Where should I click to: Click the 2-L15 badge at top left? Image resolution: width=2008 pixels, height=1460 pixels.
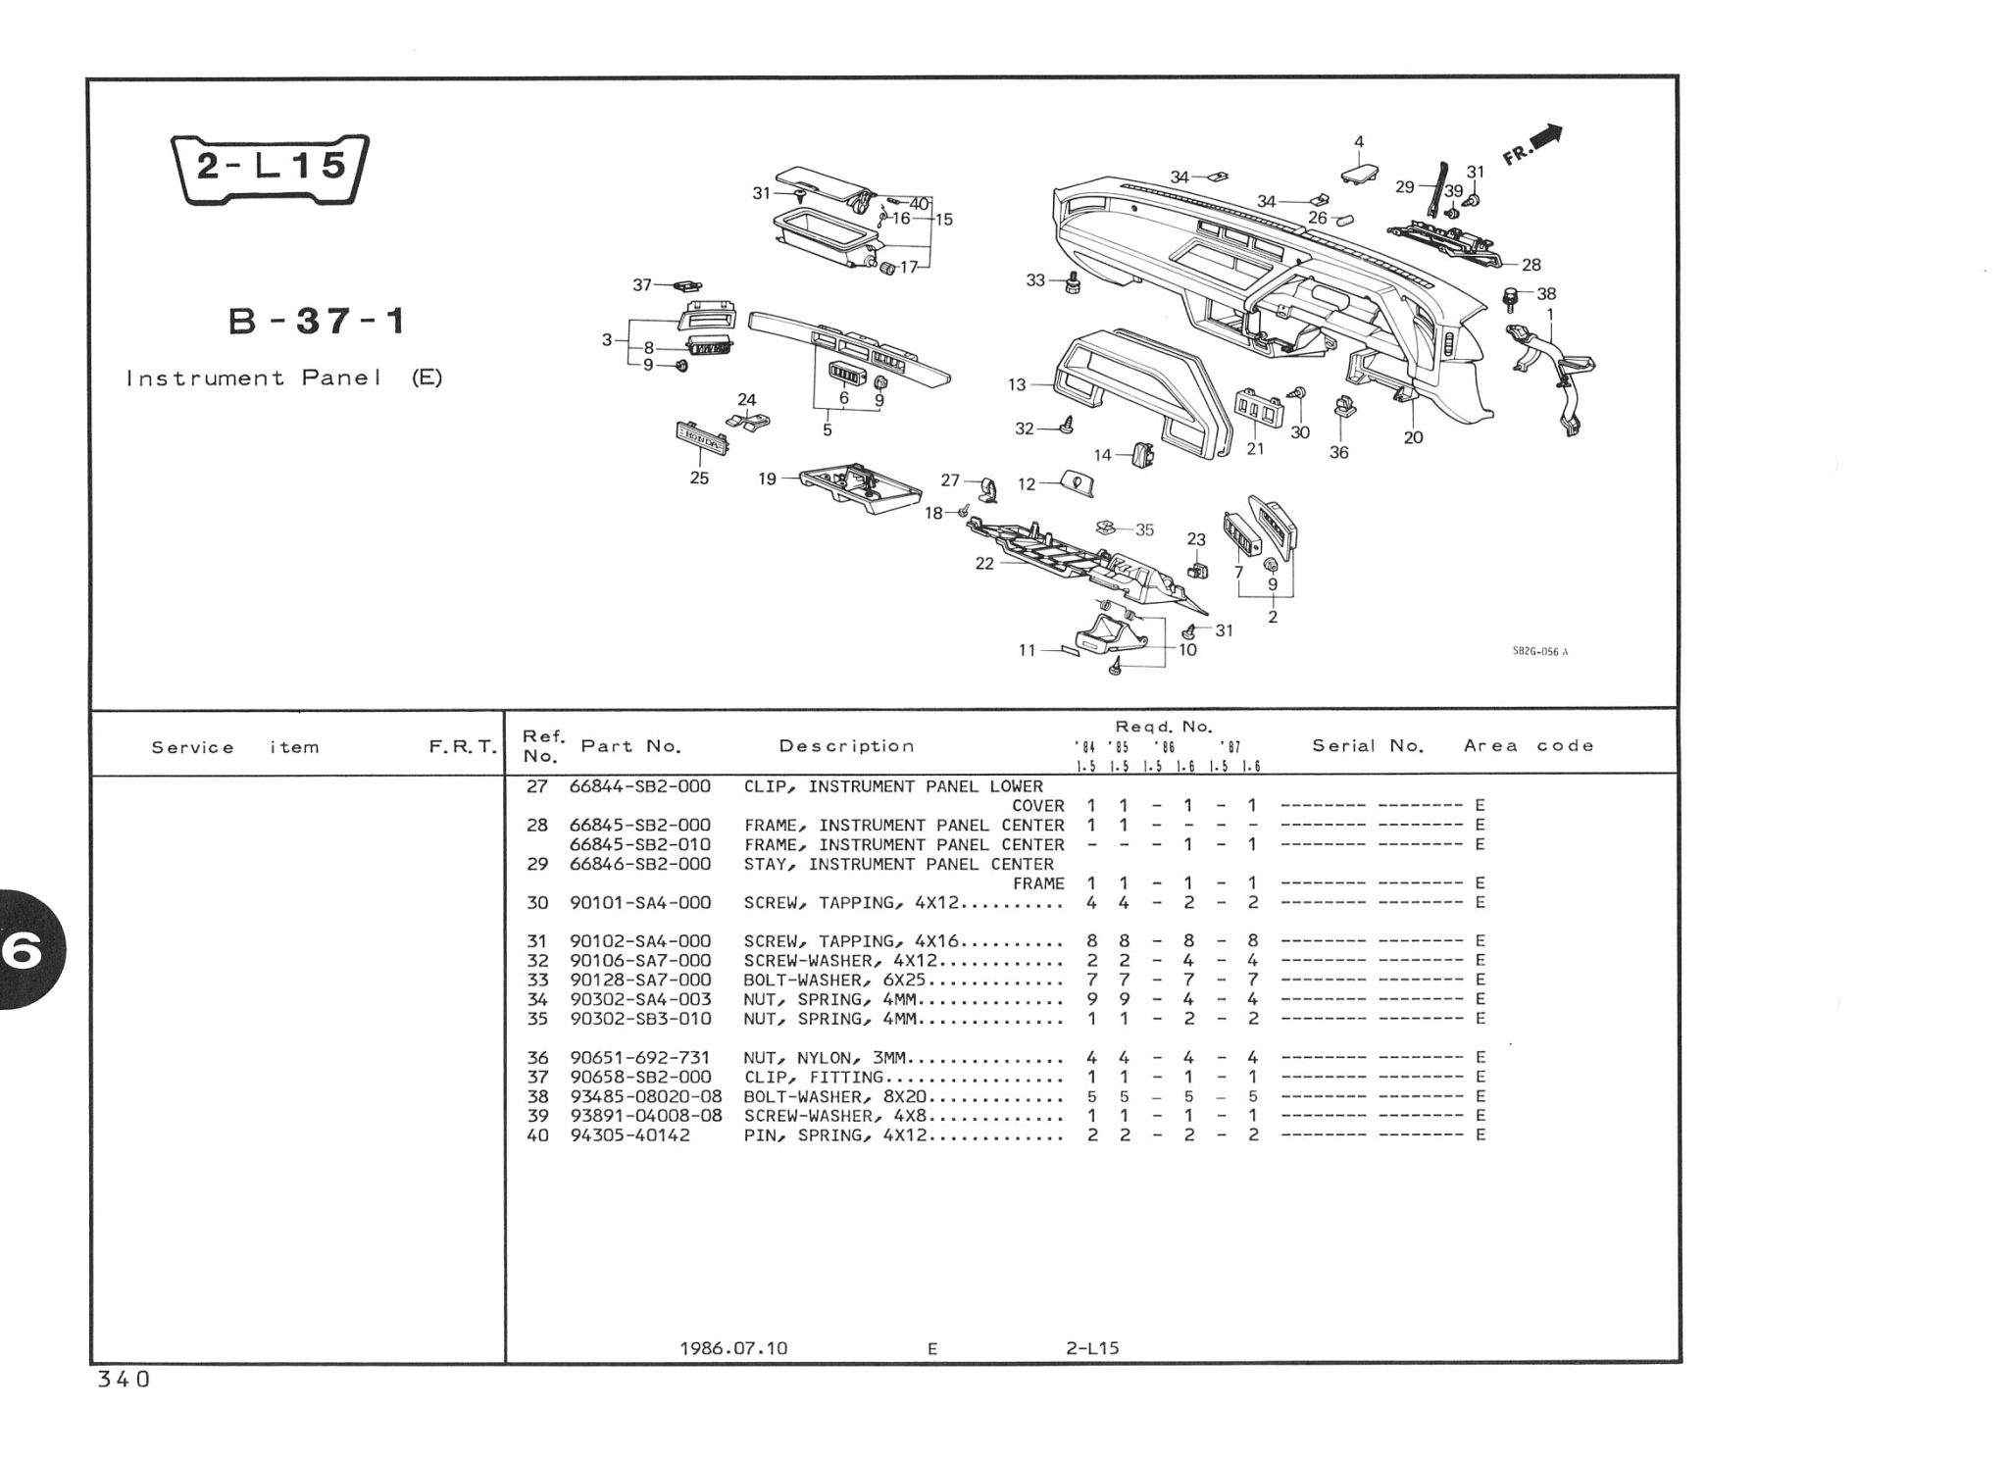270,169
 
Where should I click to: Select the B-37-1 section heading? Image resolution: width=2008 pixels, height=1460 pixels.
317,322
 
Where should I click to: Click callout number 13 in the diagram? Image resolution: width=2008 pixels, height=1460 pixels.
1017,385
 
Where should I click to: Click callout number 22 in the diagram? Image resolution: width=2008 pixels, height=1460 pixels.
984,564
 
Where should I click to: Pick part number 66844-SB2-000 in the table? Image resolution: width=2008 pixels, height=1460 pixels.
640,786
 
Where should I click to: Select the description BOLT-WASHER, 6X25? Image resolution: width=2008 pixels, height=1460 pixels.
835,980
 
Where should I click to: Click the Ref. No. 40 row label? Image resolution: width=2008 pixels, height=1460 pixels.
537,1135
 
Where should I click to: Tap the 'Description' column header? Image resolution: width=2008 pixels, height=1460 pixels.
846,746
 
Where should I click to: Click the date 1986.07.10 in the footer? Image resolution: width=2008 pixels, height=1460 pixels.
733,1348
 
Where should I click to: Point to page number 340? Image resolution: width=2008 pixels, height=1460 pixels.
124,1380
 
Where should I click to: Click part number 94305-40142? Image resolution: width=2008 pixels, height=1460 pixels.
629,1135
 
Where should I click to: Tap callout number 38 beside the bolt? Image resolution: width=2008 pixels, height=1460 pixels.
1546,293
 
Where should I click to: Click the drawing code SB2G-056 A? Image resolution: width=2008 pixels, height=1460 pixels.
1540,652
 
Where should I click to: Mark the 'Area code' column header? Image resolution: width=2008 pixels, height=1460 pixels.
1529,746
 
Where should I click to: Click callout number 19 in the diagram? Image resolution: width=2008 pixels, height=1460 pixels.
767,478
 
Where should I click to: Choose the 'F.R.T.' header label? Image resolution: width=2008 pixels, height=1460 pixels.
463,747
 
